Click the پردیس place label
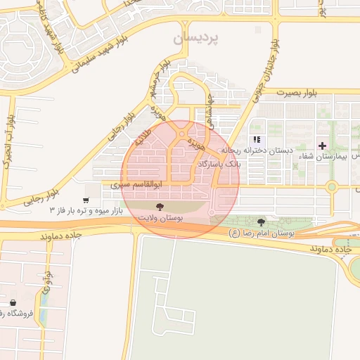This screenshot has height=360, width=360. [197, 37]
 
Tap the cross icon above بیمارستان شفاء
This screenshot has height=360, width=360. [323, 146]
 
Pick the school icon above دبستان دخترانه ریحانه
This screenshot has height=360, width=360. [257, 139]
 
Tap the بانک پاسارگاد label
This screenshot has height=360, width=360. [219, 162]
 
